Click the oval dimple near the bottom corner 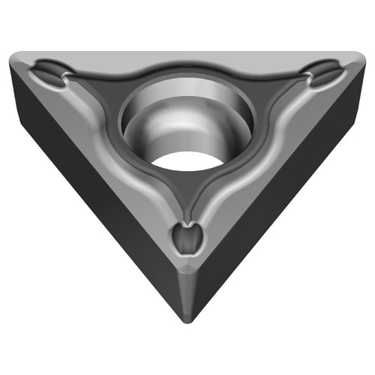click(x=187, y=240)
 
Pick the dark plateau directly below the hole click(x=187, y=191)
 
